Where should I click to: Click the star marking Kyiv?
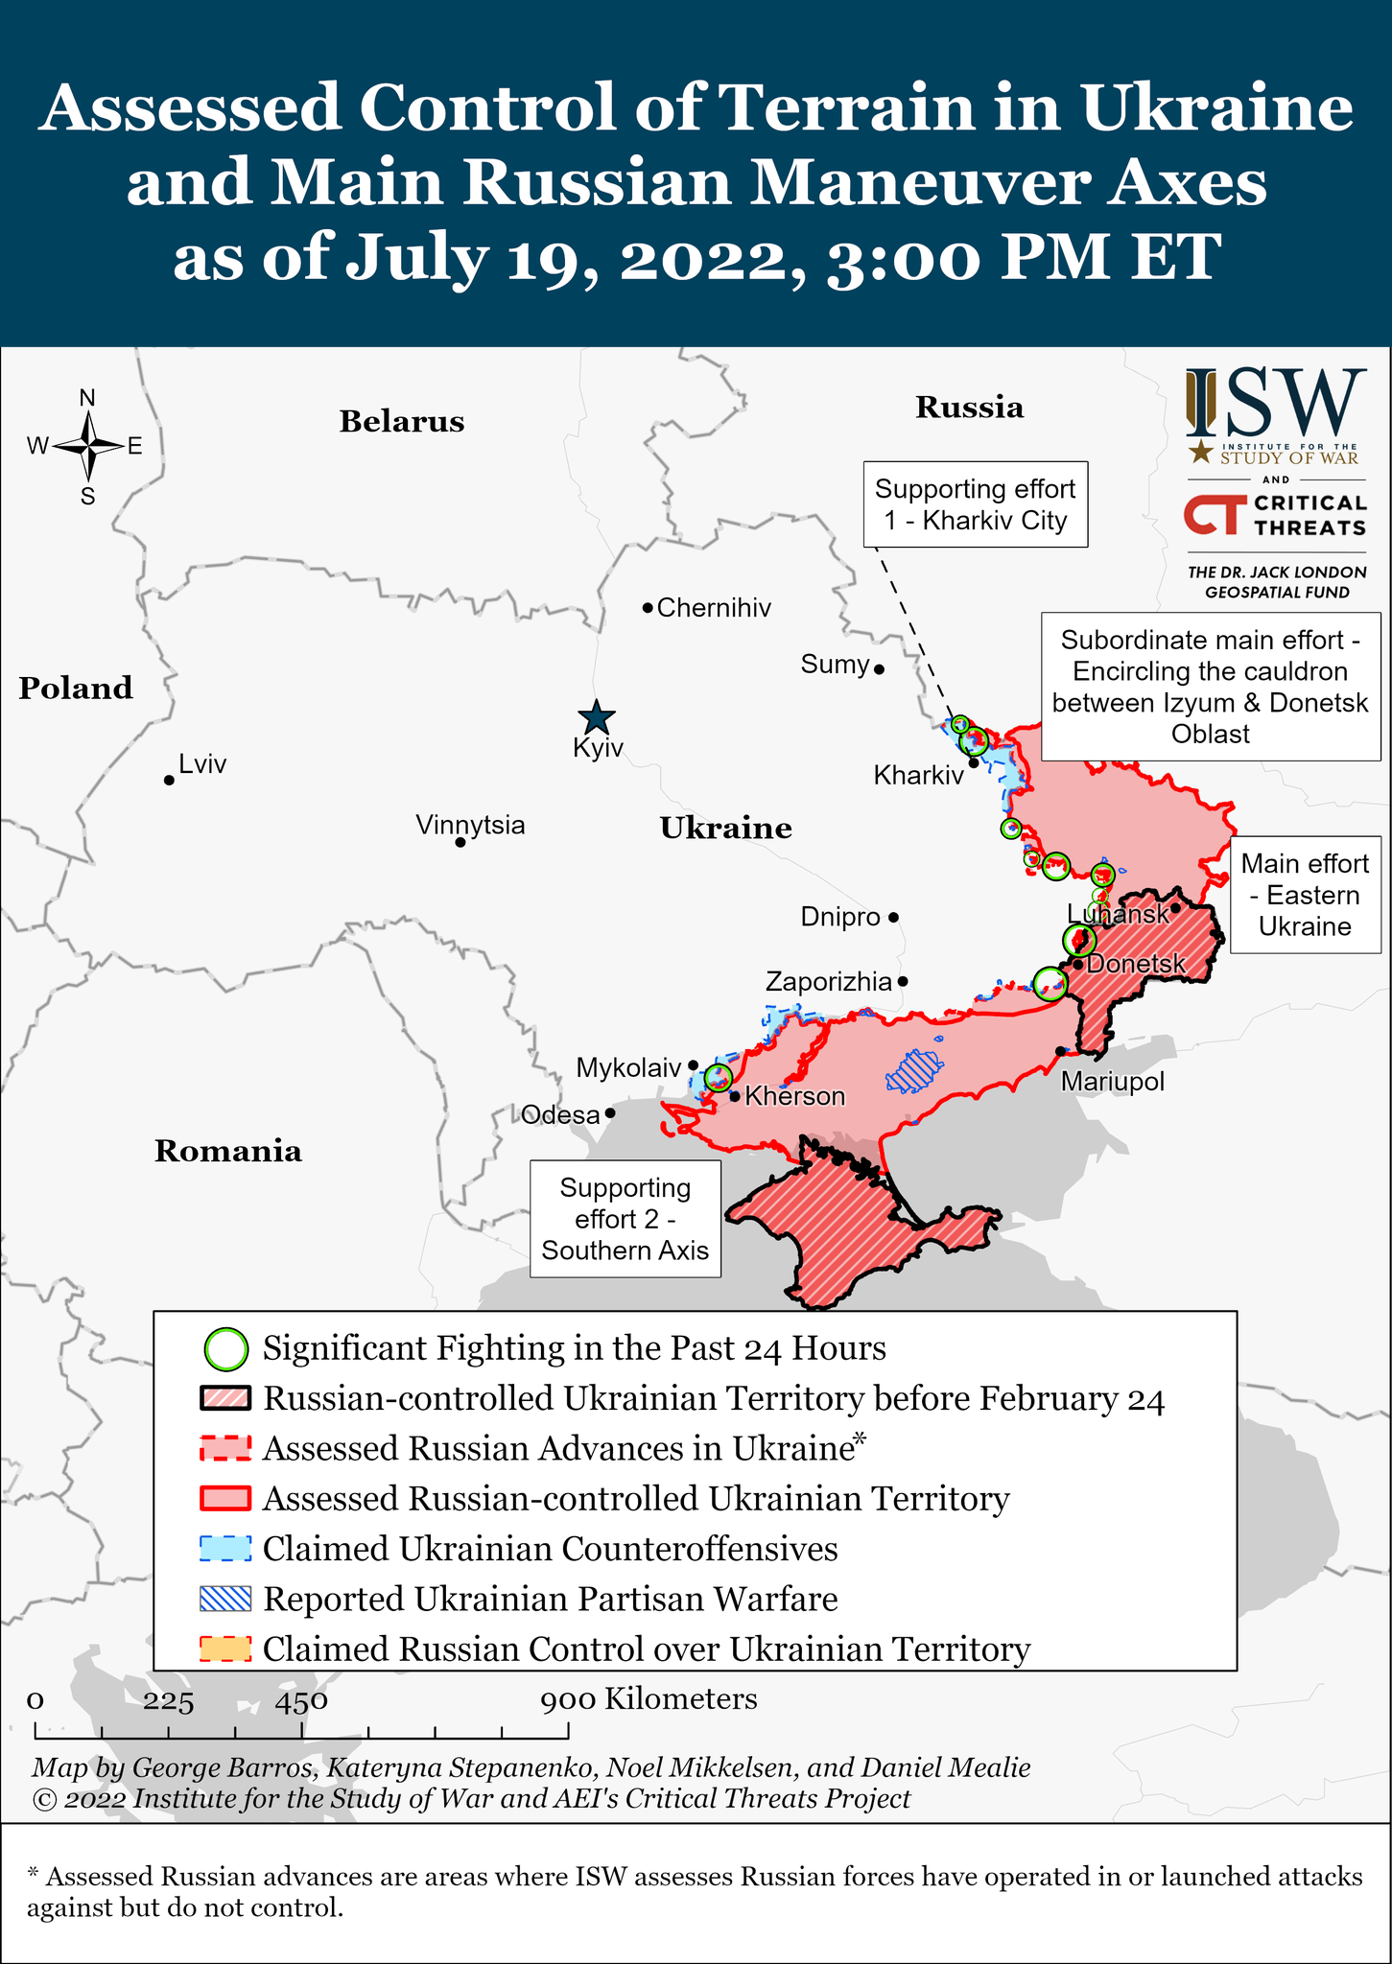tap(597, 717)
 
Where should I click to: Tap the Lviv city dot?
tap(169, 781)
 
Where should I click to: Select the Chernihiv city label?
tap(713, 608)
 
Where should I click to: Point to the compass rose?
tap(87, 446)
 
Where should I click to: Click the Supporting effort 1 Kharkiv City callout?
tap(975, 504)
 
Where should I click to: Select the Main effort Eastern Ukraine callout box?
tap(1305, 895)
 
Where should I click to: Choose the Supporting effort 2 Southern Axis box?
tap(625, 1219)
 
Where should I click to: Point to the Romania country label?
tap(228, 1151)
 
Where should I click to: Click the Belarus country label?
tap(401, 422)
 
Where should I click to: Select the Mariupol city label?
tap(1112, 1083)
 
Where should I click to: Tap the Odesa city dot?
tap(610, 1114)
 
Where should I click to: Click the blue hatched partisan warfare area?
tap(914, 1071)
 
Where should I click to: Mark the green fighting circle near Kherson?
tap(718, 1078)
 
